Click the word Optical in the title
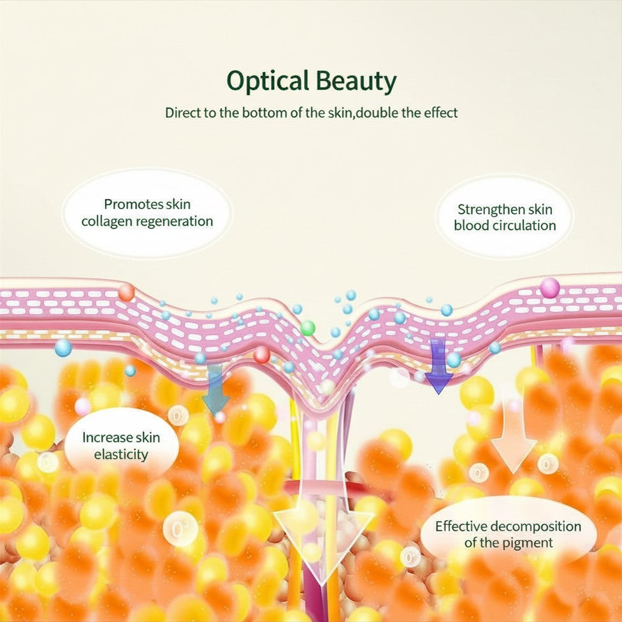click(268, 82)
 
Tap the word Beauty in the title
click(356, 82)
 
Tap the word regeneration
click(175, 222)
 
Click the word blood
click(472, 226)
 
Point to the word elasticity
click(121, 454)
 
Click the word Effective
click(459, 526)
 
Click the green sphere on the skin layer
click(307, 328)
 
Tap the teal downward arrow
click(215, 389)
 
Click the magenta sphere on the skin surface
click(550, 287)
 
